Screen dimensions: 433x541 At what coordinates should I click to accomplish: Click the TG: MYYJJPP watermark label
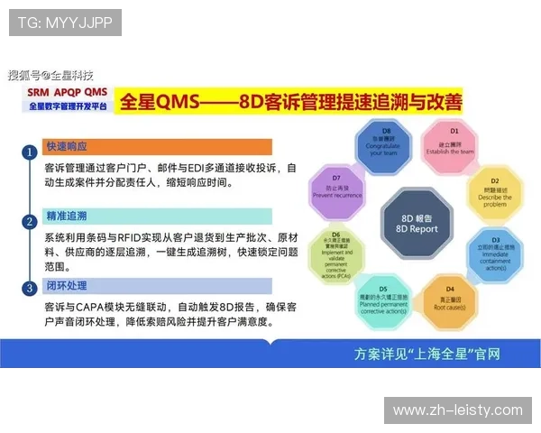point(65,23)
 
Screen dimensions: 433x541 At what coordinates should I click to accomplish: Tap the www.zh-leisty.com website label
point(457,410)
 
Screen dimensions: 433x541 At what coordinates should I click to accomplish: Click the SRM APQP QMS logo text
point(67,93)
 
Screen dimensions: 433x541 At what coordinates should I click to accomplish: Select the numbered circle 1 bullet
point(30,152)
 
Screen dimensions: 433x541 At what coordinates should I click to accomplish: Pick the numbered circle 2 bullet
point(30,219)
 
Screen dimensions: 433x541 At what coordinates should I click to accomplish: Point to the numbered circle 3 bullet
point(30,288)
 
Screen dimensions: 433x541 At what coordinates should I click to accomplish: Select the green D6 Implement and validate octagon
point(337,255)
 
